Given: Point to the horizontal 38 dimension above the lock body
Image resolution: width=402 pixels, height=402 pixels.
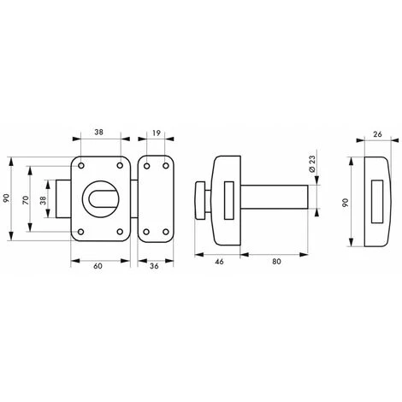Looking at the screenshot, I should point(99,133).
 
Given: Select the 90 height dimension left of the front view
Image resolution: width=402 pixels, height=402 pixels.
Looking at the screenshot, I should point(7,199).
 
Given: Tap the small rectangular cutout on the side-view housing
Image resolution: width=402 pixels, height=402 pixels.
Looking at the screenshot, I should point(227,201).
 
